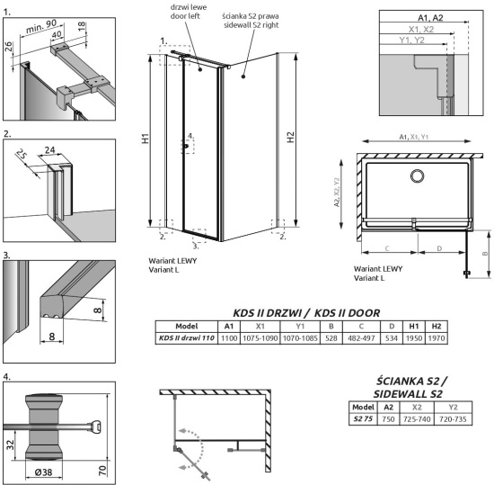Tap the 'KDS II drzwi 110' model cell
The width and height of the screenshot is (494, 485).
(186, 340)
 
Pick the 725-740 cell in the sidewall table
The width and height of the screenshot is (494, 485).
(417, 418)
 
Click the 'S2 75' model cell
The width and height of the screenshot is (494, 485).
(361, 418)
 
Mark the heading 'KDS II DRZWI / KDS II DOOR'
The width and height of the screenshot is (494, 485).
(304, 311)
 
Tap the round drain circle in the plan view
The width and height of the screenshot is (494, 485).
(418, 175)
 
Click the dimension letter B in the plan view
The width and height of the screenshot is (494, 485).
(485, 254)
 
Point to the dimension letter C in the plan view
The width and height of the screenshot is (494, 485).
(386, 247)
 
